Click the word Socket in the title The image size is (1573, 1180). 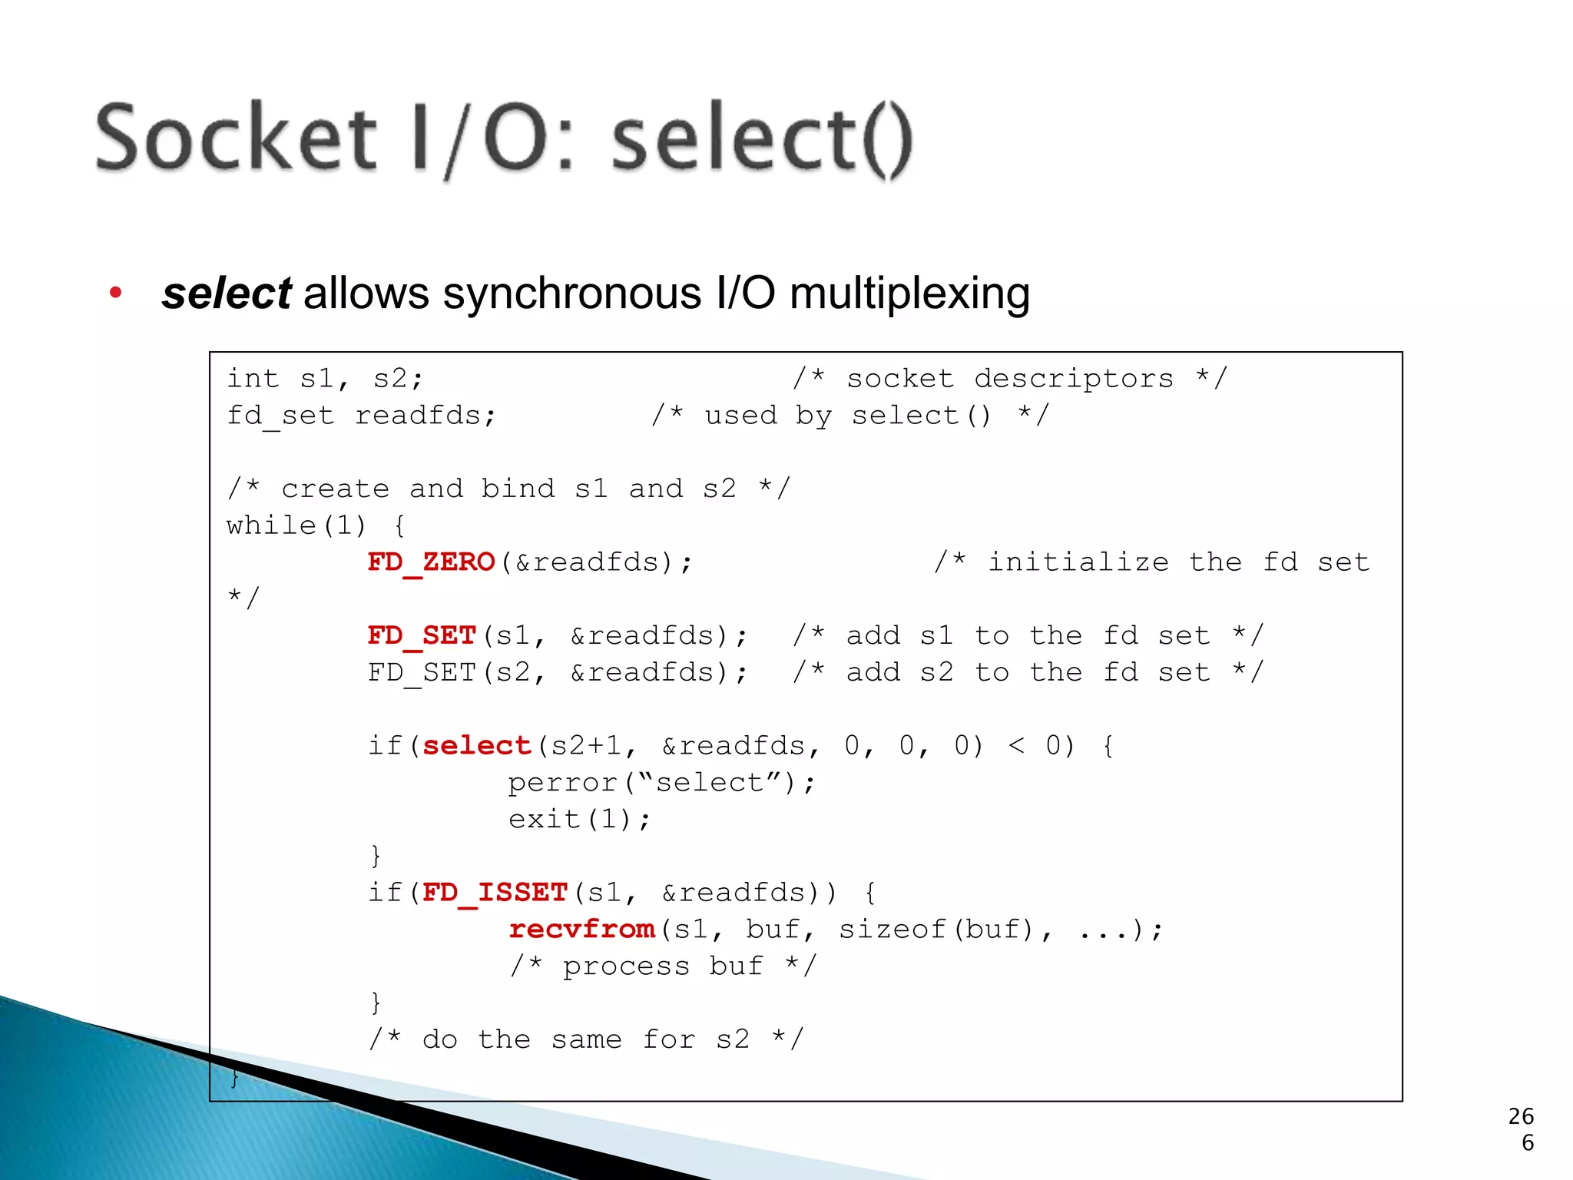click(236, 138)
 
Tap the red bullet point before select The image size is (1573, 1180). click(116, 293)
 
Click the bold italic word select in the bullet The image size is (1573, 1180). click(227, 293)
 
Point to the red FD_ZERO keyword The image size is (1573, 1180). click(431, 563)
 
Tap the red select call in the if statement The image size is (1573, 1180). click(476, 746)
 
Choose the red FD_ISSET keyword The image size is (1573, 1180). click(495, 893)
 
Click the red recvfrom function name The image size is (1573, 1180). click(581, 930)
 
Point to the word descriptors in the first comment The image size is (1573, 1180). click(1073, 379)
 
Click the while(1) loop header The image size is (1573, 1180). click(296, 526)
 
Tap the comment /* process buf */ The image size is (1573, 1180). click(663, 966)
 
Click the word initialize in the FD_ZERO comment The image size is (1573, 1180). click(1078, 563)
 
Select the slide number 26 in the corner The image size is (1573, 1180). click(1520, 1116)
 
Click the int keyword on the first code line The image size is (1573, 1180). click(253, 379)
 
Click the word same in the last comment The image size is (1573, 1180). click(586, 1040)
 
